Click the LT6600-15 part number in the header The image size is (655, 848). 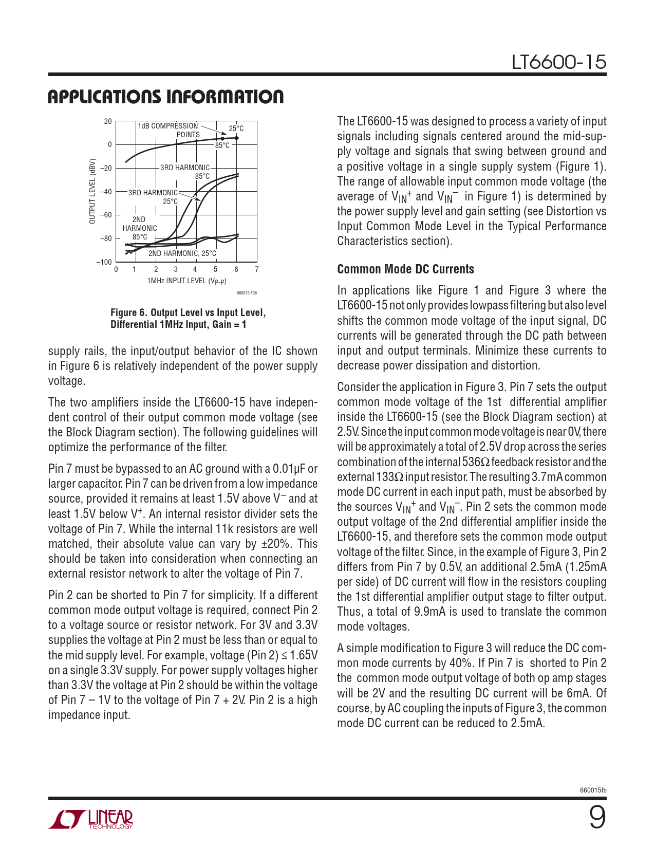(559, 62)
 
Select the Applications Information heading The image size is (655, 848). (165, 97)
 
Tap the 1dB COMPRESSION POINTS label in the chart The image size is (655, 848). (169, 130)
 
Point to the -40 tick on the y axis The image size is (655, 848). (105, 192)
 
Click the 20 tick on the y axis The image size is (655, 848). (108, 122)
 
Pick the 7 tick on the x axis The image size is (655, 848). (257, 269)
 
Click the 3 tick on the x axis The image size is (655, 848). (176, 269)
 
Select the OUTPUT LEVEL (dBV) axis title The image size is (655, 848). (92, 191)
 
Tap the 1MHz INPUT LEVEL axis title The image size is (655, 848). (186, 281)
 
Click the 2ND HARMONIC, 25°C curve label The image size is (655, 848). (182, 253)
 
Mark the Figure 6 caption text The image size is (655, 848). (188, 319)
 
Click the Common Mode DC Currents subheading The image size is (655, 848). (405, 269)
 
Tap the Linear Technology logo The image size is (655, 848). (91, 820)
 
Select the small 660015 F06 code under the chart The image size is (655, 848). (247, 293)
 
